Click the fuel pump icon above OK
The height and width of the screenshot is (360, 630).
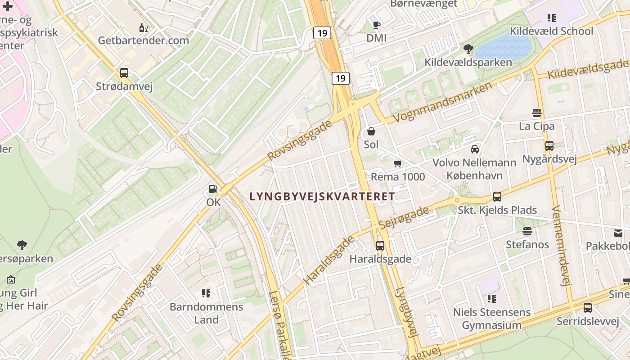[x=213, y=189]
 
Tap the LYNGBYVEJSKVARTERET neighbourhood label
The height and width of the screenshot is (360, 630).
[x=322, y=196]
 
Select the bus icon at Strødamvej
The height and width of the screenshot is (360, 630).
[x=124, y=73]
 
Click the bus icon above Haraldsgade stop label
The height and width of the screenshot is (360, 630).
[x=380, y=246]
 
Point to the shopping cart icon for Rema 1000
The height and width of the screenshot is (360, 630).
[x=397, y=164]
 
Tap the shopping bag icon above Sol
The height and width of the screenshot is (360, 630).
[x=371, y=131]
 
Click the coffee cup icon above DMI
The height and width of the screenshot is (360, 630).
[x=377, y=25]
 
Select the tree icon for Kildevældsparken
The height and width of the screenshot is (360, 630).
[x=468, y=49]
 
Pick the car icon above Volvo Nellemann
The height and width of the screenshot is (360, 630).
[x=474, y=149]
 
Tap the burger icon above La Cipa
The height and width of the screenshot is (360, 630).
[x=536, y=112]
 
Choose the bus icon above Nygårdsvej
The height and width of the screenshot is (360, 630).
[x=549, y=146]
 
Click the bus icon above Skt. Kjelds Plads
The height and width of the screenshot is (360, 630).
[x=497, y=197]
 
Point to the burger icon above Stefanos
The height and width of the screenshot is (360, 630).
[x=527, y=231]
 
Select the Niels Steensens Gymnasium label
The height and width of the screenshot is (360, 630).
[x=492, y=318]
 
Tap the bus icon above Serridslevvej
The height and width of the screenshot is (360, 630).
[x=587, y=308]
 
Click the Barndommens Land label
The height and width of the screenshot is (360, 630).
[x=206, y=313]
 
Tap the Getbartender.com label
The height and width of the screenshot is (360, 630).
[x=144, y=40]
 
